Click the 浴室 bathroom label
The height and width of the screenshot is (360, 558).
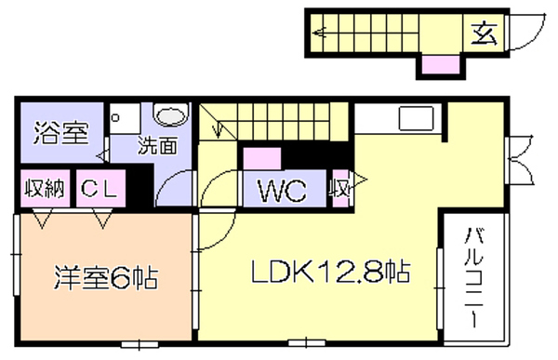[x=60, y=133]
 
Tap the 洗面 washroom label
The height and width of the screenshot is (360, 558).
[x=158, y=146]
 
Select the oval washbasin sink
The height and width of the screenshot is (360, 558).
[x=171, y=115]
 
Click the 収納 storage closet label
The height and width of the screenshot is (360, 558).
[x=45, y=188]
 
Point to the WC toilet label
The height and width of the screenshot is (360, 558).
[x=283, y=191]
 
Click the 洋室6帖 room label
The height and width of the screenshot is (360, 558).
[x=106, y=278]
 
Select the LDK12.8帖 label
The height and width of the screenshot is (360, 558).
[x=331, y=272]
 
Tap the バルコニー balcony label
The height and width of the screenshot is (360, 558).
[x=474, y=277]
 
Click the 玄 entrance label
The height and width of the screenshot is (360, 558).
[x=484, y=33]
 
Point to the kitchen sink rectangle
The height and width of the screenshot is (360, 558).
[x=417, y=118]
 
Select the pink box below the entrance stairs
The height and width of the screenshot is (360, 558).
[x=441, y=64]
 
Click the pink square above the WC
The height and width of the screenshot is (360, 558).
[x=262, y=159]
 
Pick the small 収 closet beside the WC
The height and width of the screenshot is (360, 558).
[x=340, y=188]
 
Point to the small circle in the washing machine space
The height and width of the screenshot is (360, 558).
[x=115, y=117]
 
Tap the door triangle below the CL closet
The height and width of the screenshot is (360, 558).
[x=103, y=219]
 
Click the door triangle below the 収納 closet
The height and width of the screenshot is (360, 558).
[x=43, y=219]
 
